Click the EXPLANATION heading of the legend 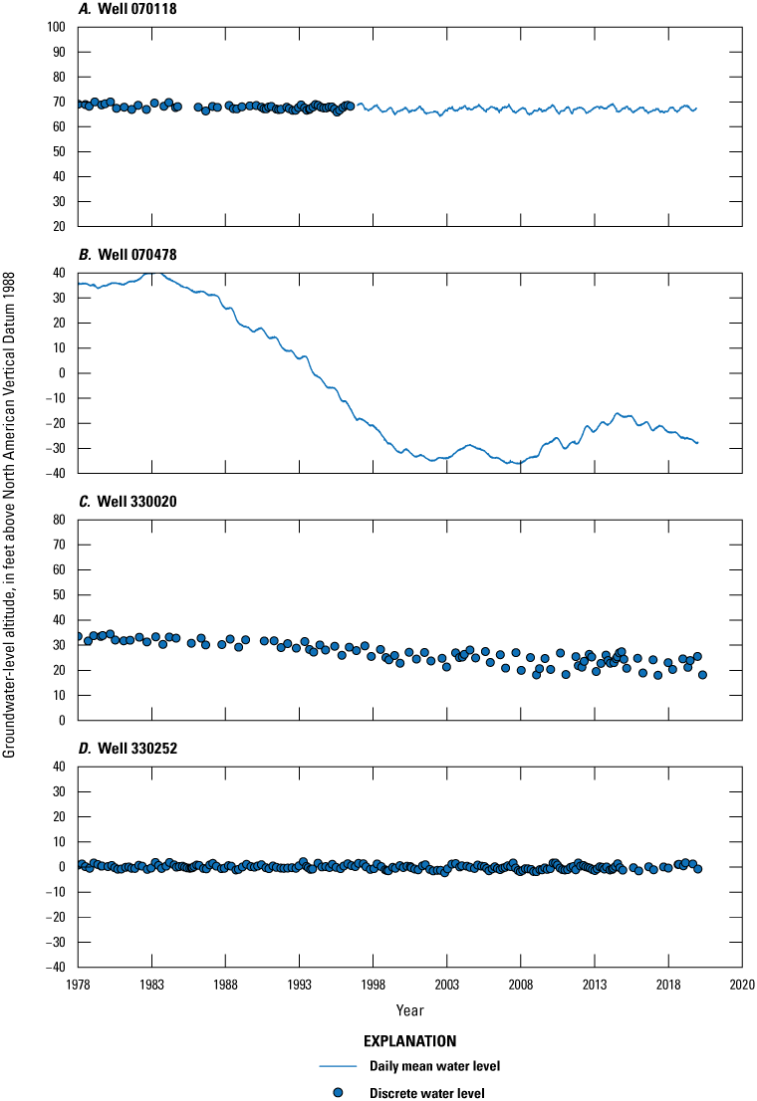pyautogui.click(x=409, y=1041)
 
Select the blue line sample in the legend pyautogui.click(x=338, y=1066)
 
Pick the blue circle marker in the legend pyautogui.click(x=338, y=1092)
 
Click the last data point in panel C pyautogui.click(x=702, y=675)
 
